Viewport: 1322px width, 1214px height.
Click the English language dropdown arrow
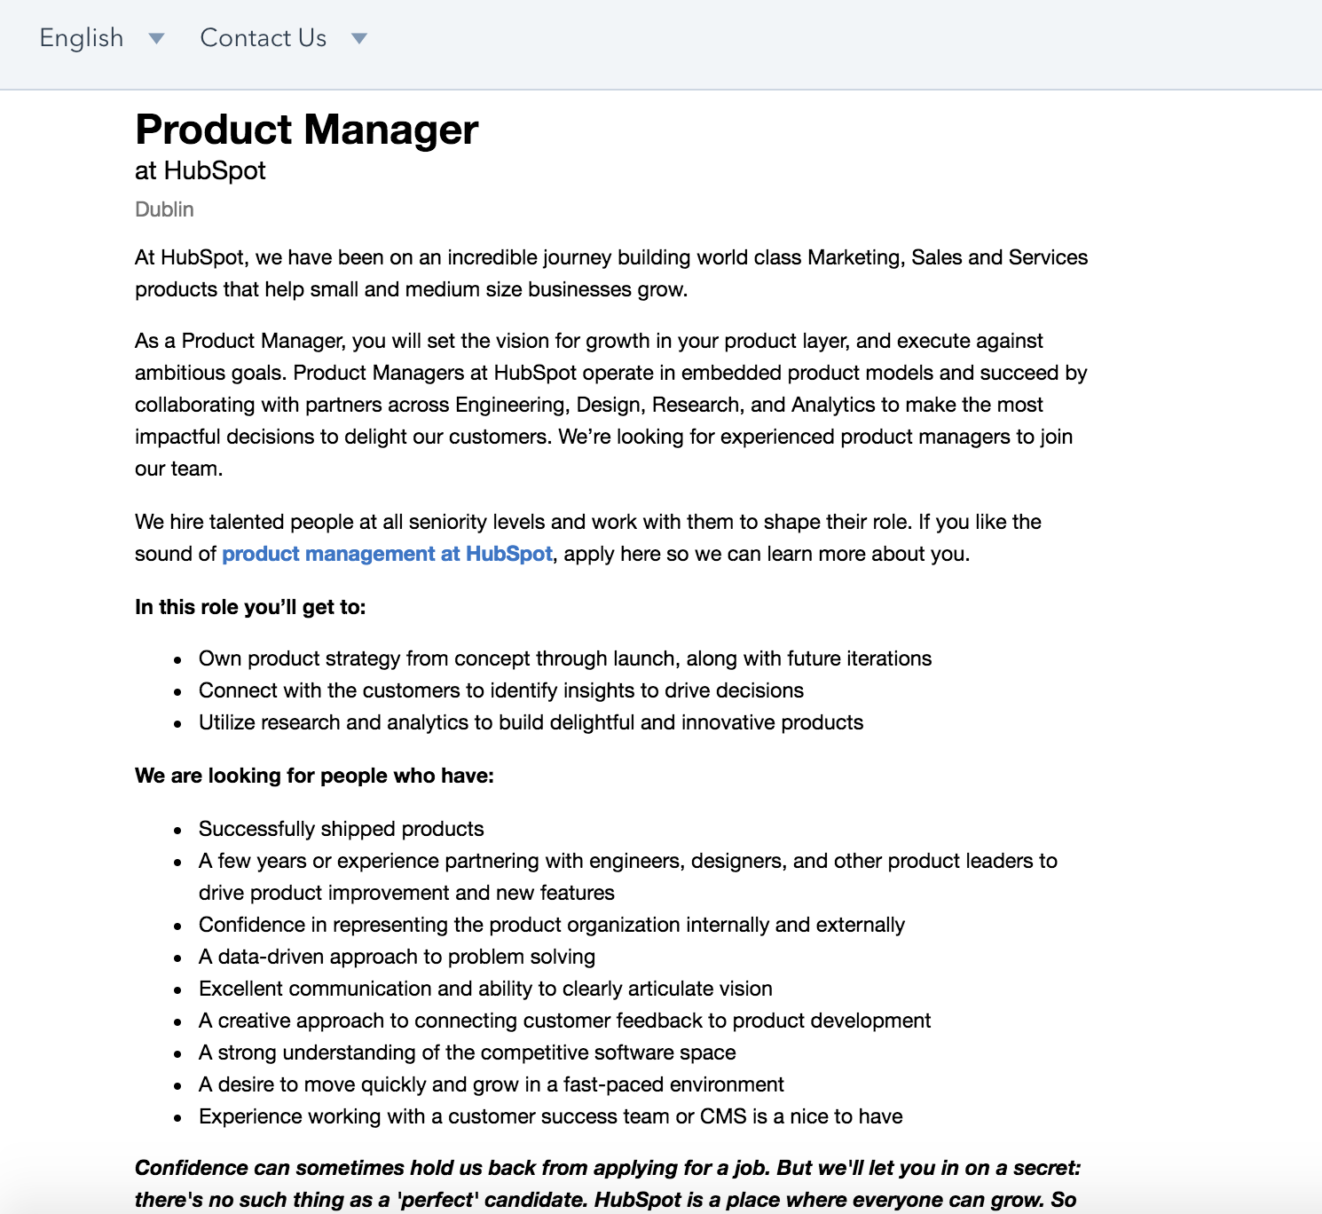click(x=157, y=38)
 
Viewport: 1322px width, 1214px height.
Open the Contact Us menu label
click(x=263, y=38)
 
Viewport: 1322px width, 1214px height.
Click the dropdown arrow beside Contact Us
click(x=359, y=38)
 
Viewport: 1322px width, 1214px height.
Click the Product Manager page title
click(x=306, y=130)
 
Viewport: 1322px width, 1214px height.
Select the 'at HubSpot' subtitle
click(x=200, y=170)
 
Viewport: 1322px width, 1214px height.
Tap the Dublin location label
click(x=164, y=209)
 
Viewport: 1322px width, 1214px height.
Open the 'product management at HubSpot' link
click(x=387, y=554)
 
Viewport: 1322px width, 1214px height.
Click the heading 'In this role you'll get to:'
click(x=250, y=607)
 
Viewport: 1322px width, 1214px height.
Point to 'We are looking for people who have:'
click(x=314, y=776)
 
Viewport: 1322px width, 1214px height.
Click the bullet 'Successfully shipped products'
click(x=341, y=829)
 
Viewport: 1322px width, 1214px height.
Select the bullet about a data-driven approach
click(x=397, y=957)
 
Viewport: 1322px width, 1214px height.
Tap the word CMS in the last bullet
click(x=723, y=1116)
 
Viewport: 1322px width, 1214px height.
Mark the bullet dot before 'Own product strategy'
click(x=178, y=660)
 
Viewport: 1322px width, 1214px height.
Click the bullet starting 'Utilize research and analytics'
click(x=531, y=722)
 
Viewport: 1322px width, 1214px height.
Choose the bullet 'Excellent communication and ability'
click(x=485, y=989)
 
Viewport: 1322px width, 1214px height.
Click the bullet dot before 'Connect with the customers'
click(x=178, y=692)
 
